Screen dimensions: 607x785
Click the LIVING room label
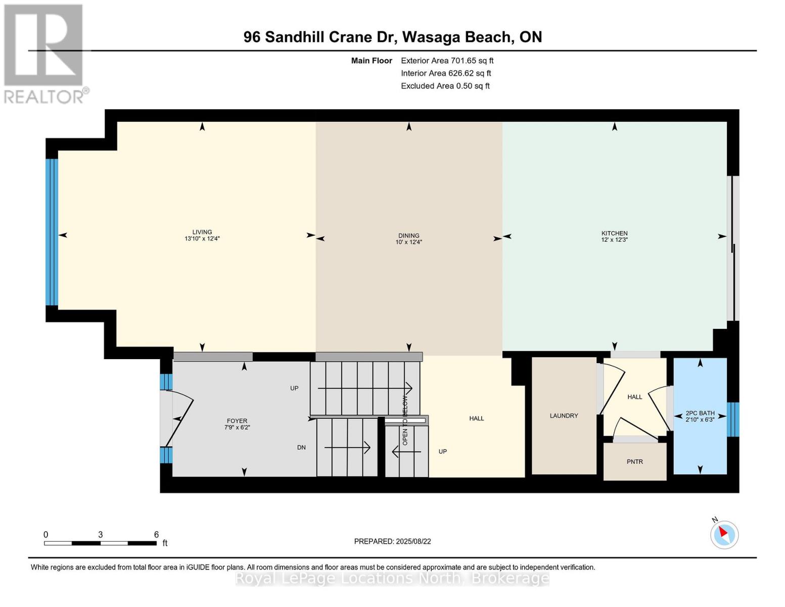coord(202,232)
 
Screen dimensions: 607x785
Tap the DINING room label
coord(408,235)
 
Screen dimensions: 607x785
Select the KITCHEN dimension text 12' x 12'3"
coord(614,240)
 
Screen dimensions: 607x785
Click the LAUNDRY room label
coord(564,416)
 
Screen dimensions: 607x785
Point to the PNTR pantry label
coord(634,461)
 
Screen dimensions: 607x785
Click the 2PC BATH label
coord(700,413)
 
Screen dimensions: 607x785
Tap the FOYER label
coord(237,421)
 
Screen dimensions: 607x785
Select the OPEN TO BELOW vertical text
coord(405,420)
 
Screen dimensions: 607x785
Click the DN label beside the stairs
coord(301,448)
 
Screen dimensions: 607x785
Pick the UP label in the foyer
coord(294,388)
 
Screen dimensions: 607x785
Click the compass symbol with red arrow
coord(724,534)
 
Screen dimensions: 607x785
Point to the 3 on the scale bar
coord(101,535)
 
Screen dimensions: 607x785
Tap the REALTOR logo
coord(44,53)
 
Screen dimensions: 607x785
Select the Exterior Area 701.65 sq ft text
coord(447,61)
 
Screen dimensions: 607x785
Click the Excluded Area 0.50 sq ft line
coord(445,86)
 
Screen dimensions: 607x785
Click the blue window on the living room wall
coord(52,232)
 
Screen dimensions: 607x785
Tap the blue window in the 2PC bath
coord(732,419)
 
